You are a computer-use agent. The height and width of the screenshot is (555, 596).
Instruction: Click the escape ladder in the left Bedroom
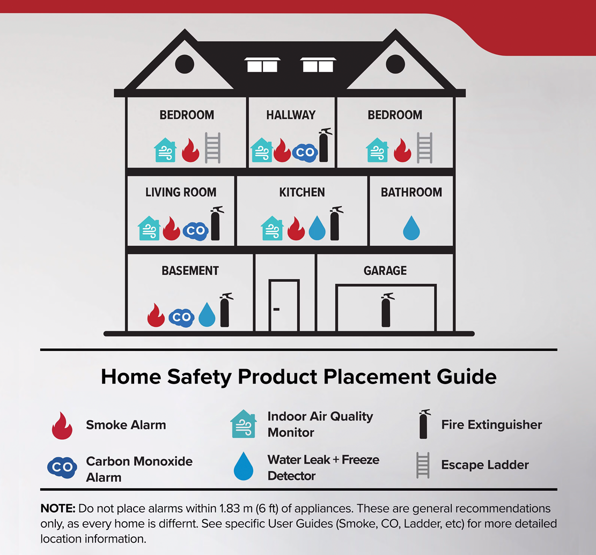coord(212,147)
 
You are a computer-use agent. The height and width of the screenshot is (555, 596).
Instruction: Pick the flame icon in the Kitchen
coord(296,228)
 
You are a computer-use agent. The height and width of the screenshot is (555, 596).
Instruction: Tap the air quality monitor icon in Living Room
coord(149,229)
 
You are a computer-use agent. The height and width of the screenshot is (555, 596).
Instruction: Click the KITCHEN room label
coord(302,192)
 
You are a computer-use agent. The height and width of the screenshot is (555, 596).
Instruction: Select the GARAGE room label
coord(385,271)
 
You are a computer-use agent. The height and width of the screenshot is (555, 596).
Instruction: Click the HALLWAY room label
coord(291,115)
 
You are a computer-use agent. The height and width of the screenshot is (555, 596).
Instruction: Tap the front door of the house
coord(284,305)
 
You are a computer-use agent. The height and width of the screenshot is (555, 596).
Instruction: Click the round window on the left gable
coord(185,64)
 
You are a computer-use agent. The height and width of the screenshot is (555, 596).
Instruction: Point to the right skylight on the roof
coord(318,65)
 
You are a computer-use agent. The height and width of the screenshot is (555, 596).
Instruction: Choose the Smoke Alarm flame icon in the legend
coord(62,426)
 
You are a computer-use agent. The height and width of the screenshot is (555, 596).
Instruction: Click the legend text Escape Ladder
coord(485,465)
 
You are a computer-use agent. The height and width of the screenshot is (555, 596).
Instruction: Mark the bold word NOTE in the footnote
coord(58,508)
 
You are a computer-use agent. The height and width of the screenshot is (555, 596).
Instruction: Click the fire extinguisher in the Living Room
coord(216,223)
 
